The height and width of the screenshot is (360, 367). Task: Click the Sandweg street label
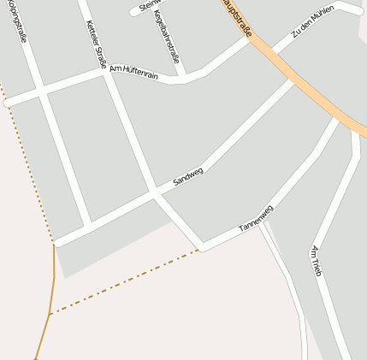click(188, 177)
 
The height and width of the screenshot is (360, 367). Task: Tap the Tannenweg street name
click(256, 218)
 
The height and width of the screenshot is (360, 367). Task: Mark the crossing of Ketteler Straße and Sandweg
click(154, 194)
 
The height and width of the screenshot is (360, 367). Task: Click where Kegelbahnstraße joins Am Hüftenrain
click(184, 79)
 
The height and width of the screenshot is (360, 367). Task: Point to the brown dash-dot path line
click(128, 281)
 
